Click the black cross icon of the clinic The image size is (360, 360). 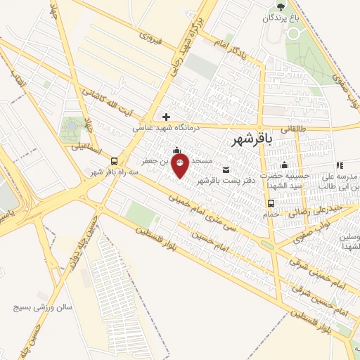(x=166, y=117)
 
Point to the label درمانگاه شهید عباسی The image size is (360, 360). (x=167, y=129)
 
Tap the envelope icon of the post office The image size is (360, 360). (x=225, y=169)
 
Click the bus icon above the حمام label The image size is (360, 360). (x=271, y=204)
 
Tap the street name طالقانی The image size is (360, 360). (x=295, y=129)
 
